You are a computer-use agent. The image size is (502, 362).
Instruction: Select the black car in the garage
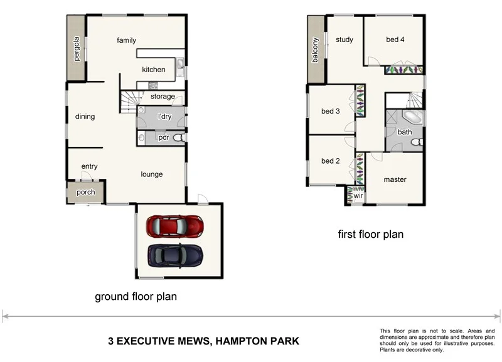coord(175,254)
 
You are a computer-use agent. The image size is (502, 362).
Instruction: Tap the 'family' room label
coord(126,41)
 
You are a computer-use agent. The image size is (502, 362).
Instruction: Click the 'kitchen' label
coord(154,70)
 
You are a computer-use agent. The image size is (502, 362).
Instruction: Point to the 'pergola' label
coord(77,46)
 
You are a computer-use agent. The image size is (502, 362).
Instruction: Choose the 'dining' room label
coord(85,116)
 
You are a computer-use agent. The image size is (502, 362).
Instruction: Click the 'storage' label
coord(163,97)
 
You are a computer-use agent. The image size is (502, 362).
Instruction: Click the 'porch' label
coord(86,193)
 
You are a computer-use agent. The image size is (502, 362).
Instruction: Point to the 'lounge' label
coord(152,174)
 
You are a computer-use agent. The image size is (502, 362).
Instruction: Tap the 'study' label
coord(344,40)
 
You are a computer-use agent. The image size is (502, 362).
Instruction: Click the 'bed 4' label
coord(395,40)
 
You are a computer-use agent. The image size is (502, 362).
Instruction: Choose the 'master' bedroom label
coord(395,180)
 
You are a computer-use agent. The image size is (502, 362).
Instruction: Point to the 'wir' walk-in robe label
coord(358,196)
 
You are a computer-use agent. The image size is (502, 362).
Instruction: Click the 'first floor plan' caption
coord(370,235)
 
